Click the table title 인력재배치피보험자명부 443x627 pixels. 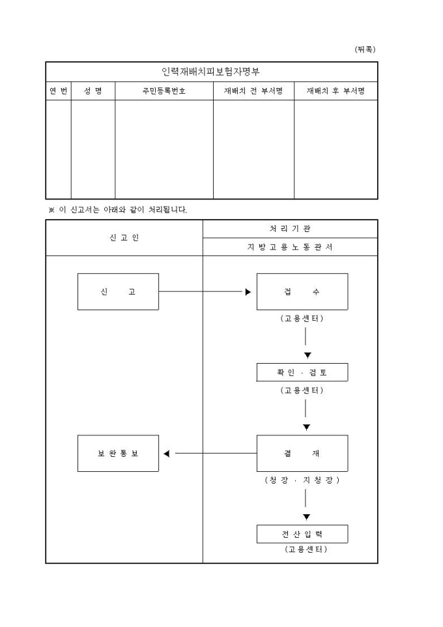[x=211, y=72]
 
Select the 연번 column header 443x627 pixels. [x=58, y=91]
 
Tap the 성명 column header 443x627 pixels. [x=93, y=91]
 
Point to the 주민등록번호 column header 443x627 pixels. [x=164, y=91]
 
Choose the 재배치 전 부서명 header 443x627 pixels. [x=253, y=91]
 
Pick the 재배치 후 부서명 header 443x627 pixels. [x=336, y=91]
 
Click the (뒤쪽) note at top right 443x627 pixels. [x=365, y=49]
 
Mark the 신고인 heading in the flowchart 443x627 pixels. [x=124, y=238]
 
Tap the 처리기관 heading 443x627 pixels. [x=290, y=229]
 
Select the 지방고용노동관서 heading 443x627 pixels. [x=290, y=247]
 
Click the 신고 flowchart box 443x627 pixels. [x=118, y=291]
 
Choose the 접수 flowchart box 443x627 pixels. [x=302, y=291]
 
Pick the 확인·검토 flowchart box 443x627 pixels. [x=302, y=372]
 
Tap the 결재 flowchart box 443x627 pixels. [x=302, y=453]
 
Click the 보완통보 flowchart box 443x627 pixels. [x=118, y=453]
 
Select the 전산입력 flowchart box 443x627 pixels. [x=302, y=534]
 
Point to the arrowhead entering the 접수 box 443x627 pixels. [x=248, y=292]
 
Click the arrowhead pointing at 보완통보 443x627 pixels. [x=167, y=454]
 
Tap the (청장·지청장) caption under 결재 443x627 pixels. [x=302, y=480]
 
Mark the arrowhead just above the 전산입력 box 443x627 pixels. [x=306, y=518]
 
